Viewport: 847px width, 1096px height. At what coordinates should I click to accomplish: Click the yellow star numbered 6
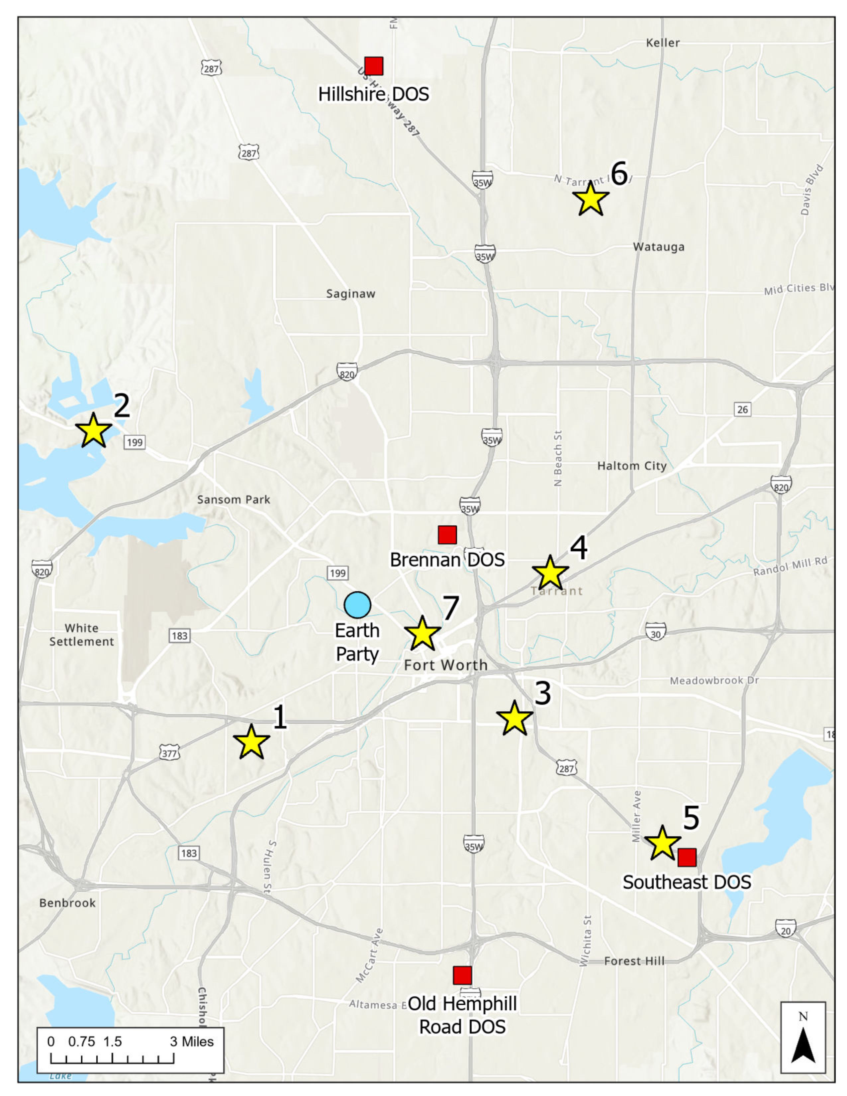[591, 199]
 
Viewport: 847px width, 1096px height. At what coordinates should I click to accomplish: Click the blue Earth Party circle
[357, 605]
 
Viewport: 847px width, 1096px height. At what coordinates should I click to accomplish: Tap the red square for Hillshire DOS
[374, 66]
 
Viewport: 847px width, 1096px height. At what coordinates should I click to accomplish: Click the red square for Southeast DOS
[687, 858]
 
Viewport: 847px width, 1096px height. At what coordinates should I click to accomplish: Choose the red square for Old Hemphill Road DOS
[462, 975]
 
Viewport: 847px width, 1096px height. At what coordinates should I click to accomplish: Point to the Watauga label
[658, 247]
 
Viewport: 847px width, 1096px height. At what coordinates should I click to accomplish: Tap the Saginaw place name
[350, 294]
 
